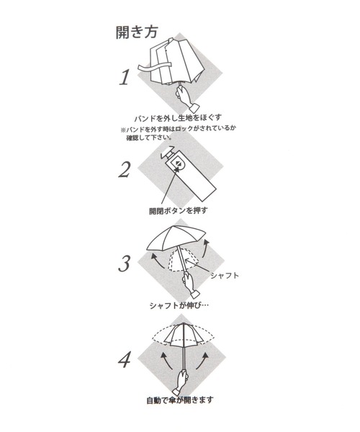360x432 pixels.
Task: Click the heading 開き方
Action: click(x=137, y=32)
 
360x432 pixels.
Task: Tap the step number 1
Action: click(x=125, y=77)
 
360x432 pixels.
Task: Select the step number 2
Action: click(x=125, y=170)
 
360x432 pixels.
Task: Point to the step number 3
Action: click(x=125, y=264)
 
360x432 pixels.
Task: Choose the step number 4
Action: click(x=125, y=359)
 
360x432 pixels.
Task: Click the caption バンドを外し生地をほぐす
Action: click(x=178, y=118)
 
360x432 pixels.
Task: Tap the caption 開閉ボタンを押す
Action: click(x=179, y=211)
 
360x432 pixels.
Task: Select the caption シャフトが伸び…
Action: click(x=179, y=305)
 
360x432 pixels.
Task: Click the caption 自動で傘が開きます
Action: click(x=180, y=400)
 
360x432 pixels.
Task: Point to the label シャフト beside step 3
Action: click(x=225, y=276)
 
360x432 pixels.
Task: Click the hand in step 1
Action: click(x=186, y=98)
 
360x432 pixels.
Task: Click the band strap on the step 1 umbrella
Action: click(x=154, y=67)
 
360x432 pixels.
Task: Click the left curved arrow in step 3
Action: click(x=156, y=261)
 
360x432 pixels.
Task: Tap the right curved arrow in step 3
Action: click(x=205, y=248)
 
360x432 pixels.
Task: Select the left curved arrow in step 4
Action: click(x=166, y=361)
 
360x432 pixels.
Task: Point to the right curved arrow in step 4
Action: click(x=202, y=361)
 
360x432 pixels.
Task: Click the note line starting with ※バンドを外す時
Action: click(x=179, y=129)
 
